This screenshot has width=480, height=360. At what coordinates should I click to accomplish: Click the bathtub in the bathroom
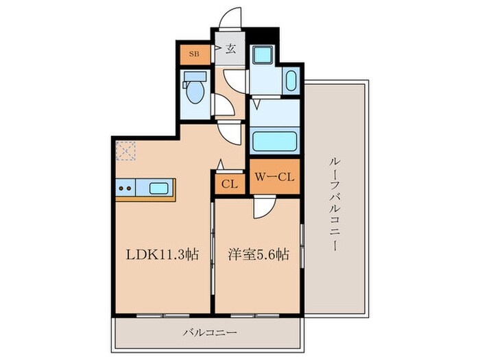(x=274, y=142)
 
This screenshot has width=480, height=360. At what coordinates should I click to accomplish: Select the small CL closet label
(x=229, y=184)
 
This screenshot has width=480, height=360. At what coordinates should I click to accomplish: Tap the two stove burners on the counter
(x=125, y=188)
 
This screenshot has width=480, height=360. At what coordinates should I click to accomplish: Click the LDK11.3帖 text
(x=162, y=254)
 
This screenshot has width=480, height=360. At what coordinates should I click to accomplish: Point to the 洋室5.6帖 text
(x=257, y=254)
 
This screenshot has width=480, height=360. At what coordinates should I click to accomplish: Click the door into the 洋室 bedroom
(x=264, y=208)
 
